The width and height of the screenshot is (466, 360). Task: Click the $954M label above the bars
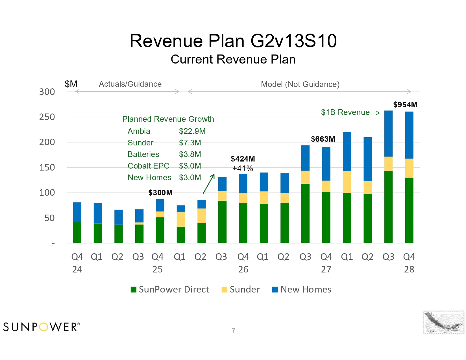coord(405,105)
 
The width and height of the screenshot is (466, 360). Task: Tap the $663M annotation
coord(323,139)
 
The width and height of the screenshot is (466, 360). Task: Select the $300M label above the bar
coord(160,193)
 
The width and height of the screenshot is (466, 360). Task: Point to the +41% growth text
coord(243,168)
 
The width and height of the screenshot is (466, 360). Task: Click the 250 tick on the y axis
coord(47,117)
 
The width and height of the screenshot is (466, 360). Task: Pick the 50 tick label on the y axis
coord(49,218)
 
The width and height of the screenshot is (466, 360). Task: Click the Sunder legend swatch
coord(224,289)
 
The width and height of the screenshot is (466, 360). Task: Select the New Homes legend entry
coord(301,289)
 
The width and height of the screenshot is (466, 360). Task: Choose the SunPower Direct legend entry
coord(170,289)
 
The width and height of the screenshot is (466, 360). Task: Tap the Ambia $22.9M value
coord(192,131)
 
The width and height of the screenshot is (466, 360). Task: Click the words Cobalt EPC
coord(148,166)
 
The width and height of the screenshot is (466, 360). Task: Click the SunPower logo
coord(42,327)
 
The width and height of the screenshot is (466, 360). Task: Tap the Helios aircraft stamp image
coord(443,322)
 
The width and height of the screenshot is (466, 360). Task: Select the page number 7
coord(233,331)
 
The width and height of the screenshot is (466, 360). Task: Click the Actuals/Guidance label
coord(130,84)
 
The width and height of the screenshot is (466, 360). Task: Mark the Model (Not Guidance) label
coord(300,84)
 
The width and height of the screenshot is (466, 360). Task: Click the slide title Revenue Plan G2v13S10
coord(233,41)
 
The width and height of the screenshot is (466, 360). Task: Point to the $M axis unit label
coord(71,84)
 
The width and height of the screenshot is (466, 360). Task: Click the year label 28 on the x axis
coord(409,269)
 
